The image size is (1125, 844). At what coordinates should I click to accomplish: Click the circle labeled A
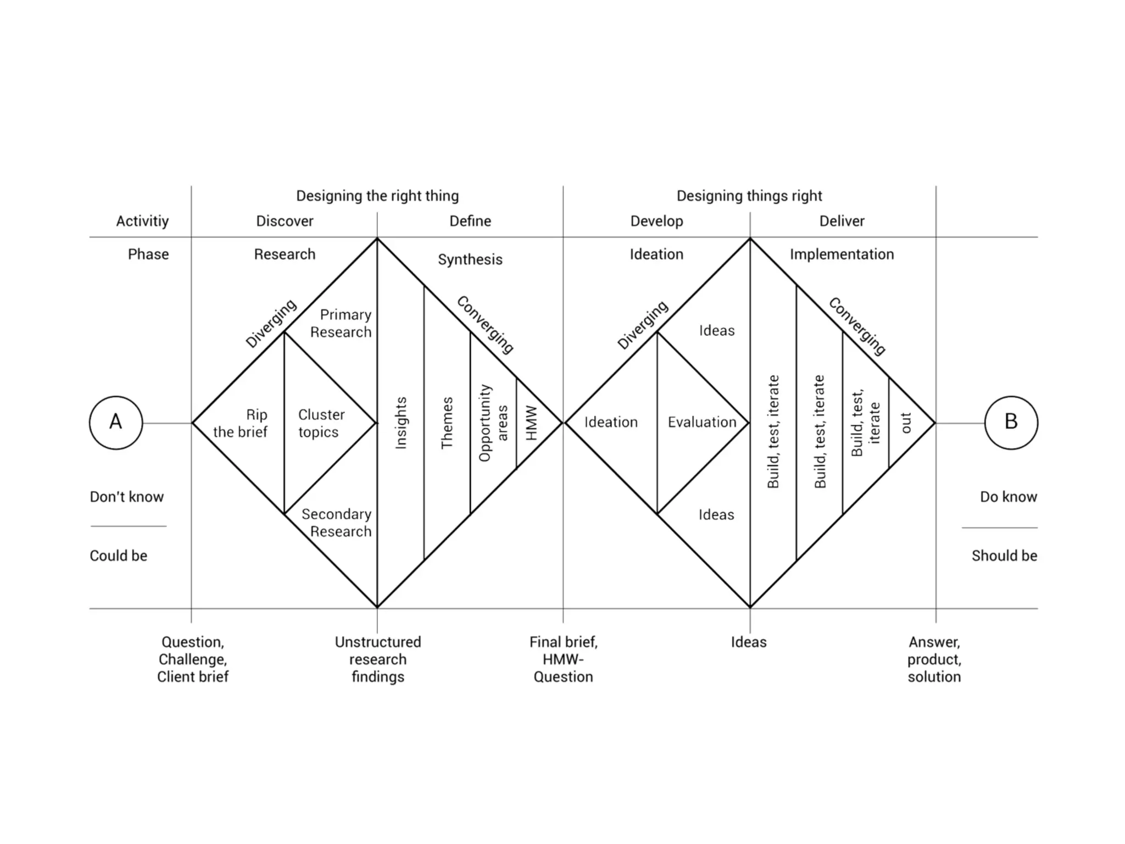(x=116, y=423)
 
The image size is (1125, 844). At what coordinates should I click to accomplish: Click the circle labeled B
(x=1011, y=423)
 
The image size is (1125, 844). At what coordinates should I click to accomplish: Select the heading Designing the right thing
(x=377, y=196)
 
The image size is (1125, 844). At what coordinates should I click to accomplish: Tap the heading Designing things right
(x=749, y=196)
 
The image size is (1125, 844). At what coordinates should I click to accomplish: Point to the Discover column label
(x=285, y=221)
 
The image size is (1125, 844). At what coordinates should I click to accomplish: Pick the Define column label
(x=470, y=221)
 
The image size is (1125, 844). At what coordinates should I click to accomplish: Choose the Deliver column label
(x=842, y=221)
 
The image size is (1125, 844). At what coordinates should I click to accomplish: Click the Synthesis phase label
(x=470, y=259)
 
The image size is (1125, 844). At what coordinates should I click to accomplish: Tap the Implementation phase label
(x=842, y=254)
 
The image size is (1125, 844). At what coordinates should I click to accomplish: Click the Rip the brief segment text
(x=241, y=423)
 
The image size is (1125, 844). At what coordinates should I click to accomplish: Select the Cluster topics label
(x=321, y=423)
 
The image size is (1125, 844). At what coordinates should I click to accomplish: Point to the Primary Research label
(x=342, y=323)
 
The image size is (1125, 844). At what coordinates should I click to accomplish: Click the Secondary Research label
(x=337, y=523)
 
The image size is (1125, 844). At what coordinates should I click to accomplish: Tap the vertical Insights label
(x=401, y=423)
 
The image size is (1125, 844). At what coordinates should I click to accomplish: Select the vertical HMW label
(x=531, y=423)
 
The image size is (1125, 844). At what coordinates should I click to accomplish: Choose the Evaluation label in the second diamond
(x=702, y=422)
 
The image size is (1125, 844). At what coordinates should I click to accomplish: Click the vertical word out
(x=906, y=423)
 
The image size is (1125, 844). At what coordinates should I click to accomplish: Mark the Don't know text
(x=127, y=497)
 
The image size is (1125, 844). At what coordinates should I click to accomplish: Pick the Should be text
(x=1004, y=556)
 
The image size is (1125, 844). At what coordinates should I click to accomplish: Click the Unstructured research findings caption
(x=378, y=659)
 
